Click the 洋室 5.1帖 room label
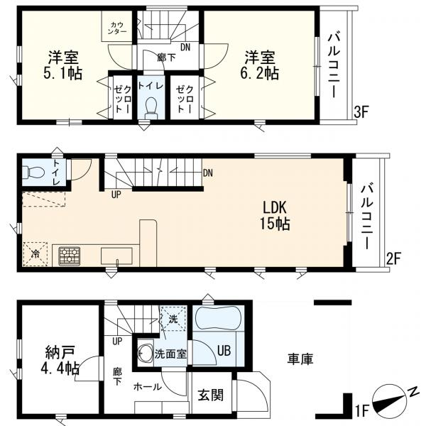pyautogui.click(x=63, y=65)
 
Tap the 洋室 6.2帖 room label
pyautogui.click(x=260, y=65)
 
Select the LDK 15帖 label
pyautogui.click(x=275, y=216)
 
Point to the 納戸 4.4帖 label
pyautogui.click(x=60, y=360)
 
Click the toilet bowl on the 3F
pyautogui.click(x=151, y=108)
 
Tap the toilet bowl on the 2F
pyautogui.click(x=33, y=172)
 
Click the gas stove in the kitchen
pyautogui.click(x=70, y=256)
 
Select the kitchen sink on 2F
pyautogui.click(x=116, y=256)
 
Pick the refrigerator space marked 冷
pyautogui.click(x=35, y=253)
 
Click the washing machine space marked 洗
pyautogui.click(x=173, y=318)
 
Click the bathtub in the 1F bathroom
pyautogui.click(x=217, y=318)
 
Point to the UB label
pyautogui.click(x=224, y=351)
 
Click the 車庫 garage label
pyautogui.click(x=300, y=359)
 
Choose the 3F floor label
pyautogui.click(x=361, y=112)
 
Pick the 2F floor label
pyautogui.click(x=393, y=258)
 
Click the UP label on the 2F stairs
pyautogui.click(x=116, y=195)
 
